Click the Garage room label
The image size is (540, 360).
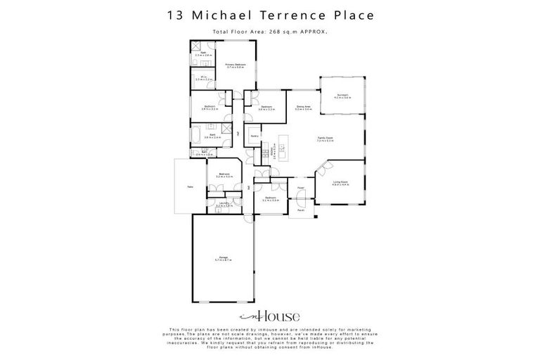point(224,258)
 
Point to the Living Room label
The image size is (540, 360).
point(340,182)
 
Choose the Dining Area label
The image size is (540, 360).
point(303,107)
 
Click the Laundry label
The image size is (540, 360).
point(224,203)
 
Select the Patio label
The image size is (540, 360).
point(190,186)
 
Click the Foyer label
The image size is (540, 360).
point(300,188)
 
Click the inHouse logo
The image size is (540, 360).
point(270,316)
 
